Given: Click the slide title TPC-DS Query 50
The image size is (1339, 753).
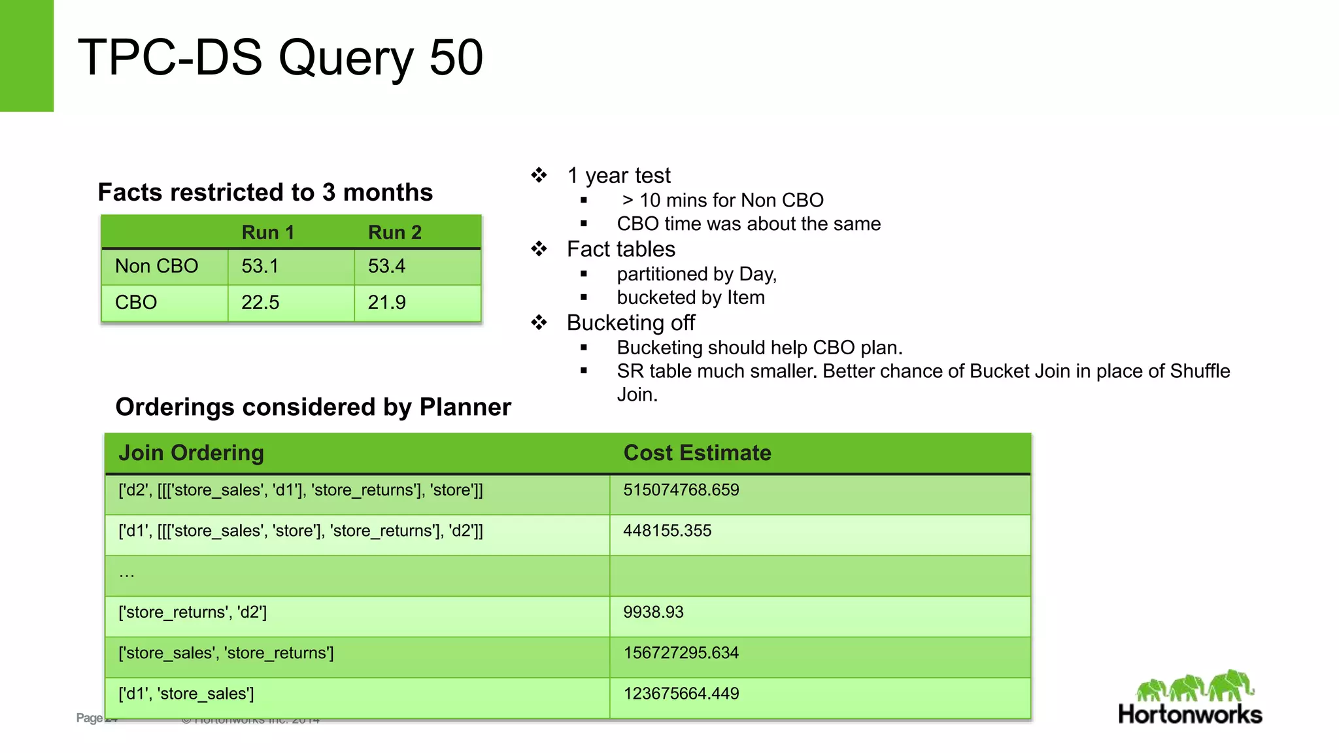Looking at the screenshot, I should [x=280, y=58].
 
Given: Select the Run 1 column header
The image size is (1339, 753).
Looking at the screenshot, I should [x=267, y=232].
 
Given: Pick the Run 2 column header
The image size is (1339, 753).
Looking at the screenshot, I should [x=394, y=232].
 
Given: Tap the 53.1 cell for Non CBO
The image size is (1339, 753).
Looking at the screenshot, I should [x=260, y=266].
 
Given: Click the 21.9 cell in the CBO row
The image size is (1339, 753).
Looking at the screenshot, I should [x=386, y=302].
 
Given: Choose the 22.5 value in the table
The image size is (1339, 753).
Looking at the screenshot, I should [x=260, y=302].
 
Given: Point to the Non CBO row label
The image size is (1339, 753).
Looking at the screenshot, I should [x=156, y=266].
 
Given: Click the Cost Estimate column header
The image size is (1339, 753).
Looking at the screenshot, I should [x=697, y=452].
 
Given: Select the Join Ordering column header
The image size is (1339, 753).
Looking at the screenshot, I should [x=191, y=452].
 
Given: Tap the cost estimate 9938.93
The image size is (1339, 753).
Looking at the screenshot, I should [x=653, y=612].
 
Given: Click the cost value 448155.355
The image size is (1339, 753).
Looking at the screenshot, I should [x=667, y=530].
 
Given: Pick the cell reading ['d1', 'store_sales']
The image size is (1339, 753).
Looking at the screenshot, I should [x=186, y=694].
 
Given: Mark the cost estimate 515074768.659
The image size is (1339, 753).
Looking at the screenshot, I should [x=681, y=490].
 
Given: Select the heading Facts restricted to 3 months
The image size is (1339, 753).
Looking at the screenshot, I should [x=265, y=192].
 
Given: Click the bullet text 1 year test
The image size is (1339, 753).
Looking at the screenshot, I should [x=619, y=175].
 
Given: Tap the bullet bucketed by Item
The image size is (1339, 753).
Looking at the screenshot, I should [x=690, y=297].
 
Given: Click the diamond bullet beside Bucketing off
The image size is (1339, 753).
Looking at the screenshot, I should [x=539, y=322].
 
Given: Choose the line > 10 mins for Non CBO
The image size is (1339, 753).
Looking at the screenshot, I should [x=722, y=200].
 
